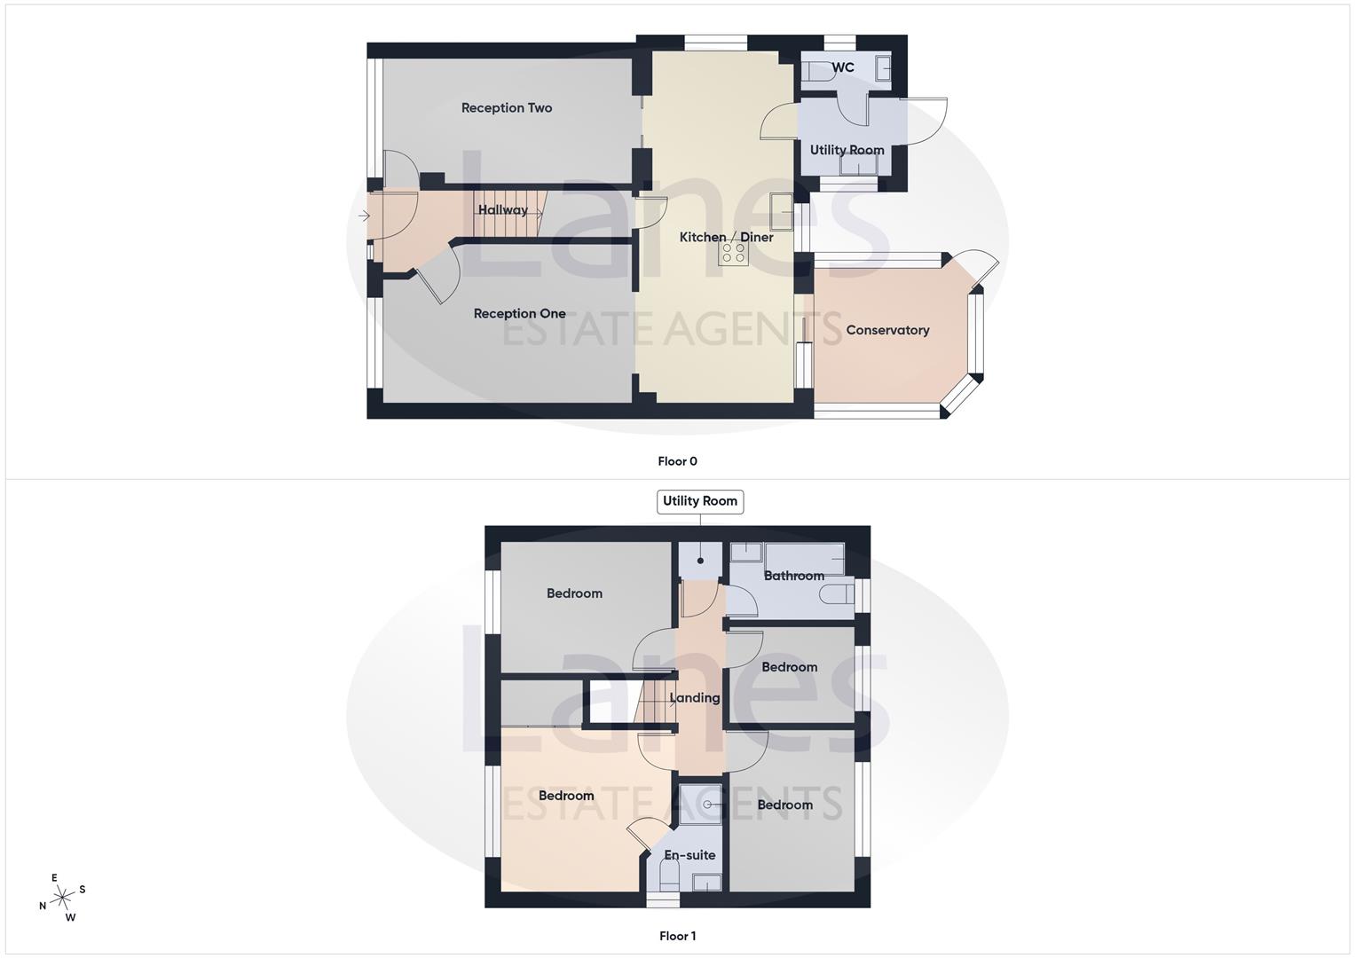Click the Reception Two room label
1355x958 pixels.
click(506, 108)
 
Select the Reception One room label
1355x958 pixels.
click(519, 314)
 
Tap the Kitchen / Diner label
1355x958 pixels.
click(726, 238)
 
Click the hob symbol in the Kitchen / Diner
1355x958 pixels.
click(733, 253)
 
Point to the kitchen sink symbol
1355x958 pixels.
click(781, 209)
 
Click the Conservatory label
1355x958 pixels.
click(887, 330)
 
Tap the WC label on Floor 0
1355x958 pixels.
click(843, 68)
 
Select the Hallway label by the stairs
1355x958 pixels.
click(502, 210)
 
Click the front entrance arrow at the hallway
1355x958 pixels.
click(364, 216)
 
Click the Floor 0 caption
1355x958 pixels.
click(677, 461)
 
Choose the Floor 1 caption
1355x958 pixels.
click(677, 936)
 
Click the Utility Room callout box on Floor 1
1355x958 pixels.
click(699, 501)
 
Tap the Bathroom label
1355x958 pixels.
click(793, 576)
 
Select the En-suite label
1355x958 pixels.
click(689, 855)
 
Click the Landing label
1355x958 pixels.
click(694, 698)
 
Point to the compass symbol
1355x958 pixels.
click(62, 899)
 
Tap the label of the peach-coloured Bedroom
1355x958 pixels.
click(566, 796)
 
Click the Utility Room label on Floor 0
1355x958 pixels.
click(847, 150)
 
